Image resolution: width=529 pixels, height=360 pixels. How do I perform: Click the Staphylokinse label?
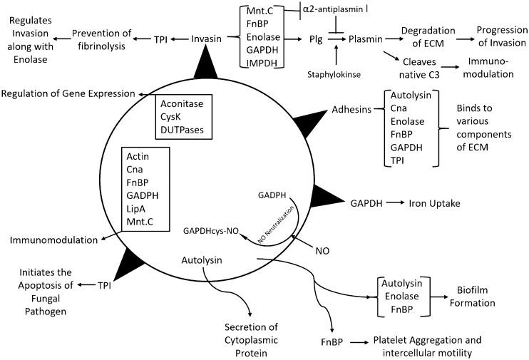337,73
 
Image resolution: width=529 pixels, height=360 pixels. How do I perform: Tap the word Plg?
328,40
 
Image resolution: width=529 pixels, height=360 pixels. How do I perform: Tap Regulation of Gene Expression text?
68,93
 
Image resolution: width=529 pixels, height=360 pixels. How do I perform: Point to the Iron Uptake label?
434,203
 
